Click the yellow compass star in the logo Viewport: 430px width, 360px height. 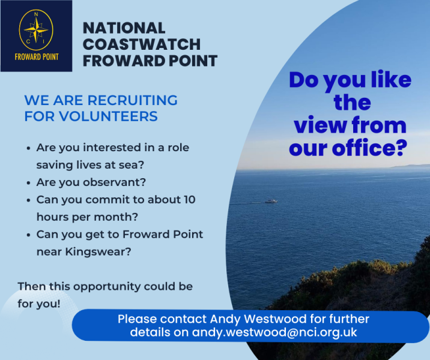[x=36, y=29]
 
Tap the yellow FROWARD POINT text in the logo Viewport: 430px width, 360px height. [x=37, y=57]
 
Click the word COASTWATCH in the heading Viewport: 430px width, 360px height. [x=142, y=44]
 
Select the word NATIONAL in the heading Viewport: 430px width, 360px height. [x=124, y=28]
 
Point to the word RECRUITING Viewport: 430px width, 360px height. [x=132, y=100]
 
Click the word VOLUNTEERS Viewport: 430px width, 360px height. [x=108, y=116]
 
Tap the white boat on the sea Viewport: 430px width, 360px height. [x=271, y=201]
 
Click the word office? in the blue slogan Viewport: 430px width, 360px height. [x=370, y=148]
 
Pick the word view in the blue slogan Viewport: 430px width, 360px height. [x=319, y=125]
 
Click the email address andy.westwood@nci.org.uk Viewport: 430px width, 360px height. [x=274, y=332]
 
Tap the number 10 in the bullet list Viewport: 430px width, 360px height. [x=190, y=200]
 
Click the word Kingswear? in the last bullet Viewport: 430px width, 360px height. [x=98, y=252]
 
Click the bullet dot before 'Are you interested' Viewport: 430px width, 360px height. [x=28, y=148]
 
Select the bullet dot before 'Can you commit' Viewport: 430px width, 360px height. [x=28, y=200]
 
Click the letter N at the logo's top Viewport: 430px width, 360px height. [x=36, y=14]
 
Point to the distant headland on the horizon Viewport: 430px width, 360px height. [x=411, y=166]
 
